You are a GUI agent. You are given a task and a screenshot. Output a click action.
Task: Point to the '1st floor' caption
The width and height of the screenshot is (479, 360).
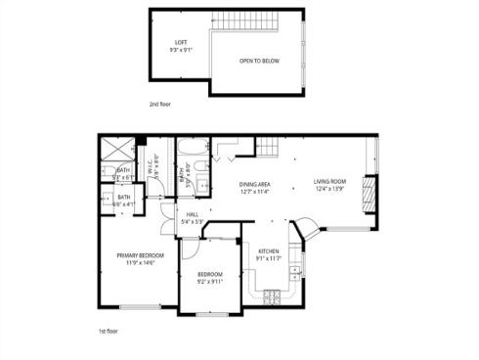tap(109, 333)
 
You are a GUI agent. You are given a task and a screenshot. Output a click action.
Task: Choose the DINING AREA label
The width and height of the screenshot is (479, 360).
tap(255, 184)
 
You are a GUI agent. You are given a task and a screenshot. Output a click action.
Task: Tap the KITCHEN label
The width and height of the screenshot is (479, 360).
tap(269, 251)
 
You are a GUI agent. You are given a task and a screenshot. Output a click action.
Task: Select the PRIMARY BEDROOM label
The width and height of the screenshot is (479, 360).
tap(137, 256)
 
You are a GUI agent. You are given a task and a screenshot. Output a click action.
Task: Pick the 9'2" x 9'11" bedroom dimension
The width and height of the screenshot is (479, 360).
tap(210, 282)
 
